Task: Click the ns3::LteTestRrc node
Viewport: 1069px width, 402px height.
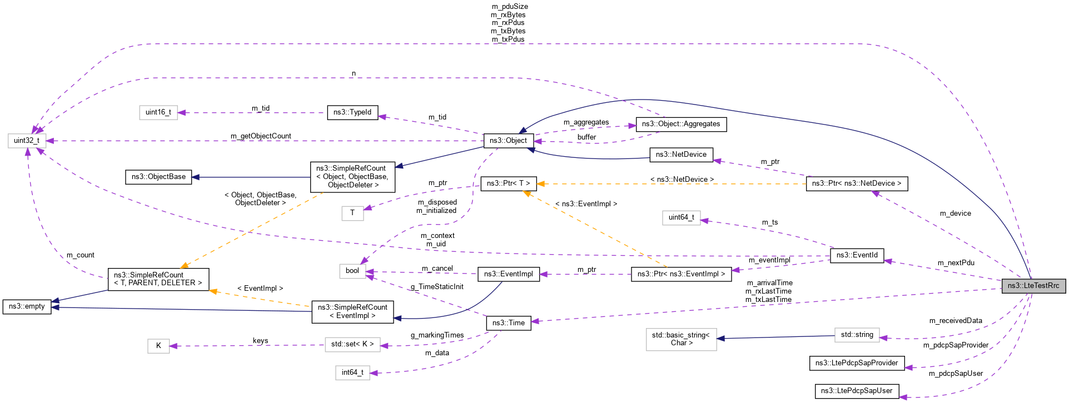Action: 1033,286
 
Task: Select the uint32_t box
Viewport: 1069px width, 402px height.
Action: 27,141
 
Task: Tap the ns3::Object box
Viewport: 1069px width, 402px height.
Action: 508,141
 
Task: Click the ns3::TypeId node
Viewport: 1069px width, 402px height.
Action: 352,112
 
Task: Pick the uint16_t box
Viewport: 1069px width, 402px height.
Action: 158,112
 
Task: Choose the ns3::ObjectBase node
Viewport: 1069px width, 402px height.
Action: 158,177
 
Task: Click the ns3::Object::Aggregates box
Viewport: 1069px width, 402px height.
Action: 680,124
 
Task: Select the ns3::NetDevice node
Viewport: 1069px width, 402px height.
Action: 681,155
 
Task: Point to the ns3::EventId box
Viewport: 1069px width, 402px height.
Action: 857,255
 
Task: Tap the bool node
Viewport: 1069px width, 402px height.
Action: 352,271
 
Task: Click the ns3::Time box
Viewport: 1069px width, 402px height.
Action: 508,323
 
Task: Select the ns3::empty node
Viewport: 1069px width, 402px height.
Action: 27,306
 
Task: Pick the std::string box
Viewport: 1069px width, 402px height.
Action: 857,335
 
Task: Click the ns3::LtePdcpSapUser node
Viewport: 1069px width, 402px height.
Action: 856,391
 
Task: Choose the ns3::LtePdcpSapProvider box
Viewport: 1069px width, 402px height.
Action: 856,363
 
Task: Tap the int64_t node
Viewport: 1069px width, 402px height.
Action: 352,373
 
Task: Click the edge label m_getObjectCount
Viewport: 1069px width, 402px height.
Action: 261,136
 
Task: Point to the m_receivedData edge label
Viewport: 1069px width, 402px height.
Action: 955,321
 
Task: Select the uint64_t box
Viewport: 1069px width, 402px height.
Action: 681,217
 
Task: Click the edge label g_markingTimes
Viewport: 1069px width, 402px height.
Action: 437,335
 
